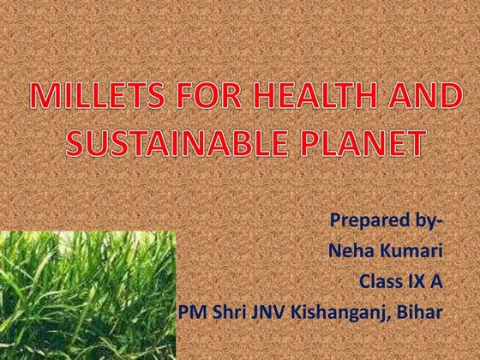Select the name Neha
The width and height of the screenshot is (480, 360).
pyautogui.click(x=351, y=252)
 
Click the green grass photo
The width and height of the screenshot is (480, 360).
pyautogui.click(x=86, y=296)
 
